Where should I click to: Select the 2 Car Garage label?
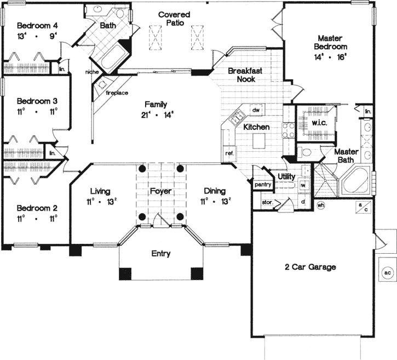click(x=310, y=267)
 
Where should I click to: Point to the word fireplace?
click(x=117, y=93)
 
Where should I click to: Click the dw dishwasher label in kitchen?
click(x=255, y=111)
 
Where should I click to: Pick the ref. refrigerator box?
click(x=228, y=153)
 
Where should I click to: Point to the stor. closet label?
click(x=267, y=203)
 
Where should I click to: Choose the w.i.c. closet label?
click(x=318, y=123)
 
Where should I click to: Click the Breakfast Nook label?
click(x=243, y=75)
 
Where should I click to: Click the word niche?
click(x=91, y=72)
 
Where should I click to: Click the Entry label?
click(x=160, y=254)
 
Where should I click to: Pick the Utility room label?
click(x=286, y=176)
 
